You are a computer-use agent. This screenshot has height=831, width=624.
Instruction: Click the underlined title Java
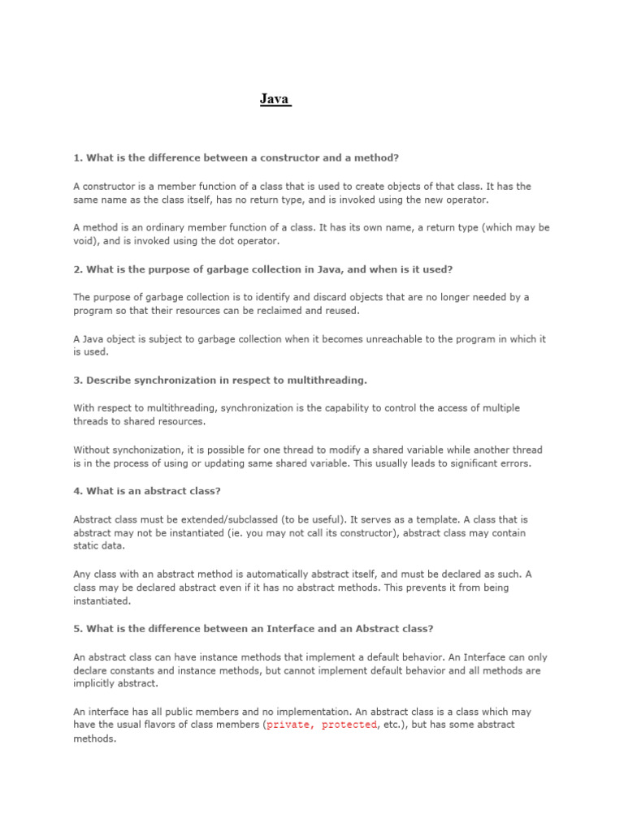tap(275, 100)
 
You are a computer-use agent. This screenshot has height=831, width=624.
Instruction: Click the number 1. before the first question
tap(78, 157)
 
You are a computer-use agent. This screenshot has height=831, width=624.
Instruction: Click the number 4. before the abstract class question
tap(78, 491)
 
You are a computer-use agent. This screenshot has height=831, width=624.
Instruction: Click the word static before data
tap(86, 547)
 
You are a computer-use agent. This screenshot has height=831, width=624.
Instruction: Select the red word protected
tap(349, 725)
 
